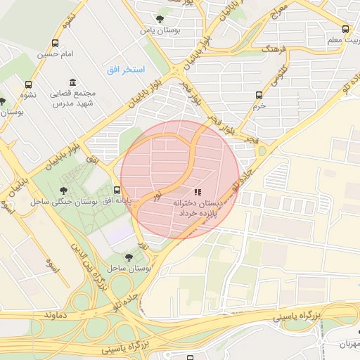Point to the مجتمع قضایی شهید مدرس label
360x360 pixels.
[71, 98]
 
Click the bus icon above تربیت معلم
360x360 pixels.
[345, 29]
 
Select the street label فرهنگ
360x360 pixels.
[275, 51]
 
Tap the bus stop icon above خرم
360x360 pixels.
[259, 94]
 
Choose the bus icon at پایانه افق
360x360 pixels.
[117, 190]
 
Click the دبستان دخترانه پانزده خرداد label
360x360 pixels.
[200, 207]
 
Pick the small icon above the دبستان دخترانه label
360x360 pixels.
[197, 191]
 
